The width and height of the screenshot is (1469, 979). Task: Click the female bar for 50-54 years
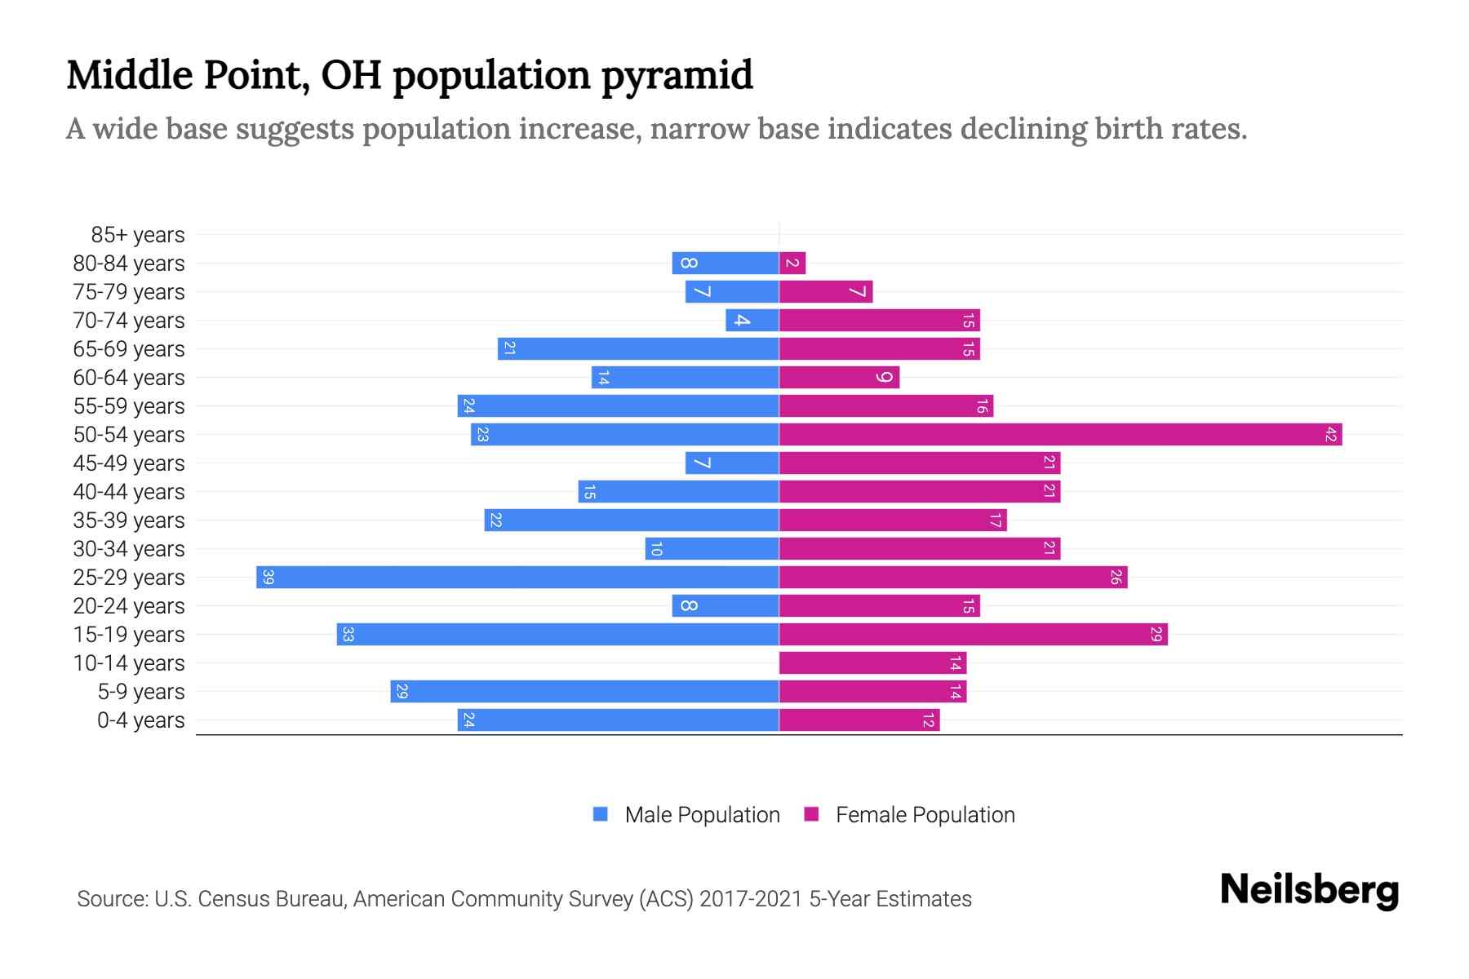(x=1061, y=434)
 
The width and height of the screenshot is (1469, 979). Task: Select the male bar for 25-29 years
(x=517, y=577)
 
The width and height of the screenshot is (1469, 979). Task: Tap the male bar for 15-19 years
(x=557, y=634)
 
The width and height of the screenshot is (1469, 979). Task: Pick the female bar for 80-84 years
(x=792, y=263)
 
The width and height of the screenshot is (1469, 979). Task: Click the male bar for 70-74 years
(x=752, y=320)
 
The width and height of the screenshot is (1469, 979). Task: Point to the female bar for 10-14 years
(x=872, y=662)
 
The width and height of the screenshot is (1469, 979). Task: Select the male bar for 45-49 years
(x=732, y=463)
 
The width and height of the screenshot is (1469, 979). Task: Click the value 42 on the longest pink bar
(x=1330, y=435)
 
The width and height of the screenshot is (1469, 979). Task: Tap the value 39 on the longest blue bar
(x=268, y=578)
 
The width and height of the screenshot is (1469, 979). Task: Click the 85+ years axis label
(x=138, y=235)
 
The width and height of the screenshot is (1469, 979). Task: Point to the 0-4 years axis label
(x=140, y=720)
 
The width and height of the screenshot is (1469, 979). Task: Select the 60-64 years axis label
(x=129, y=378)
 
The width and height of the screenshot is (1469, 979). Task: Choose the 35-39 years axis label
(x=129, y=521)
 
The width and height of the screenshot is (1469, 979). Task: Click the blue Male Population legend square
(x=601, y=814)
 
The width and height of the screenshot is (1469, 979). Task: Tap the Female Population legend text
(x=925, y=815)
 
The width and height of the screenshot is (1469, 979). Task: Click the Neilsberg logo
(x=1309, y=890)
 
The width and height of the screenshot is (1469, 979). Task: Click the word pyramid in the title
(x=677, y=76)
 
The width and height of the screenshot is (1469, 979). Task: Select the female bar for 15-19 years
(x=973, y=634)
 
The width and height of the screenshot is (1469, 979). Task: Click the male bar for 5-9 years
(x=584, y=691)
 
